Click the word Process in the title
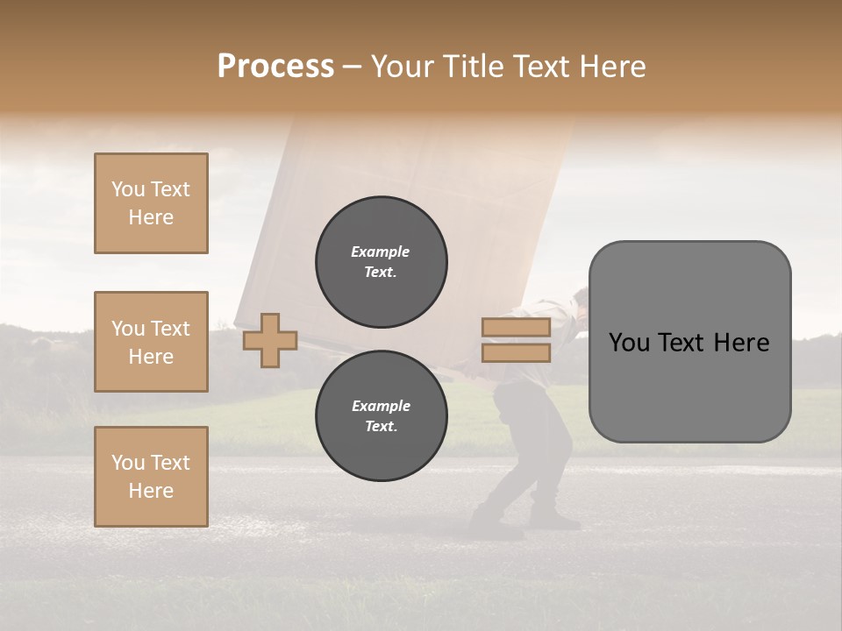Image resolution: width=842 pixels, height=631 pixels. [275, 67]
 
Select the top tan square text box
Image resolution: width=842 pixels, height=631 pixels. [151, 203]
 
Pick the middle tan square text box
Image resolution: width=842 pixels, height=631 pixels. [151, 342]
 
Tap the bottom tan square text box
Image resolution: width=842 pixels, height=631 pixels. [151, 477]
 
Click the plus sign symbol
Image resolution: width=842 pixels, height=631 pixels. [270, 340]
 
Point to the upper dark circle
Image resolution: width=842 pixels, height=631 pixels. [382, 262]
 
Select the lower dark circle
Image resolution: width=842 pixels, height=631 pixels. [382, 416]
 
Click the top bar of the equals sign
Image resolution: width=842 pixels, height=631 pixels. [516, 328]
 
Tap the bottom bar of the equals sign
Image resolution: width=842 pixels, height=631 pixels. [516, 352]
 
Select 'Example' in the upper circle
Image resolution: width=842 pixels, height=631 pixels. [381, 252]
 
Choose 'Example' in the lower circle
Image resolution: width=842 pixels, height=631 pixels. [381, 406]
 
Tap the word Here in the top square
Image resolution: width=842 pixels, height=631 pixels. [151, 217]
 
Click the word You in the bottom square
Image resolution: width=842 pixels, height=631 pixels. [128, 463]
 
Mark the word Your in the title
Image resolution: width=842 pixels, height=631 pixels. [403, 67]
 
